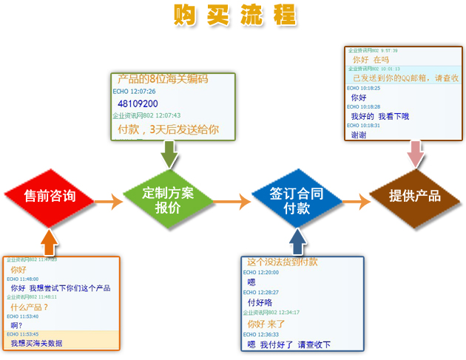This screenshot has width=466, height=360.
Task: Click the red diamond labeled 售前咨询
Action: point(50,196)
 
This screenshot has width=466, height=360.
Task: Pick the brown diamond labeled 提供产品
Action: point(415,196)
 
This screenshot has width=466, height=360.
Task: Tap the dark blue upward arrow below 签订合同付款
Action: point(297,241)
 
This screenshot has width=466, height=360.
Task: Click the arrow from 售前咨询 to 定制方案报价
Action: point(108,201)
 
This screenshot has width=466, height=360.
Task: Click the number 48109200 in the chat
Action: point(138,103)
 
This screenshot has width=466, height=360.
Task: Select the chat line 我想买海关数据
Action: point(37,343)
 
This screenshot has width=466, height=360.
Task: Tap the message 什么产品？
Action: point(30,307)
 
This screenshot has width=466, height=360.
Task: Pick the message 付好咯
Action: point(260,302)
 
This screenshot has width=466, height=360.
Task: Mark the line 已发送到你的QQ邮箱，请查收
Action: point(405,78)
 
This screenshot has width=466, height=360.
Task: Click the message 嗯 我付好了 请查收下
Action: point(288,344)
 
